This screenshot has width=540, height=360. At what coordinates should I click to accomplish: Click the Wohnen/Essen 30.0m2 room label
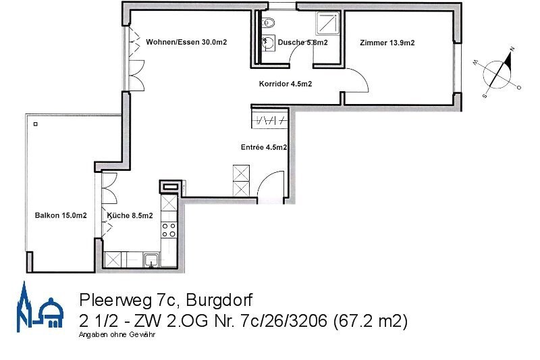(x=186, y=42)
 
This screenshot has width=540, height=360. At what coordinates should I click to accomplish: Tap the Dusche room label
(x=302, y=43)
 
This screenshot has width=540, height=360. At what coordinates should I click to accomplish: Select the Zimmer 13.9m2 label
(x=387, y=43)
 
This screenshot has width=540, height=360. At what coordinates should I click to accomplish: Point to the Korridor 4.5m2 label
(x=285, y=84)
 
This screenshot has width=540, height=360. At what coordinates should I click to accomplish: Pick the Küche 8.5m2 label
(x=130, y=215)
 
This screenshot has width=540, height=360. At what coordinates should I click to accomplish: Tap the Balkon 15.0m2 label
(x=61, y=215)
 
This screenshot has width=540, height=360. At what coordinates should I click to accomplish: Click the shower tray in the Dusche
(x=330, y=25)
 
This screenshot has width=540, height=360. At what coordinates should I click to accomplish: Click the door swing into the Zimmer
(x=357, y=81)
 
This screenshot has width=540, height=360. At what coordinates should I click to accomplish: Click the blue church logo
(x=40, y=310)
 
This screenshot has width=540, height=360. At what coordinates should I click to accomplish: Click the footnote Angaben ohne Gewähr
(x=117, y=335)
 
